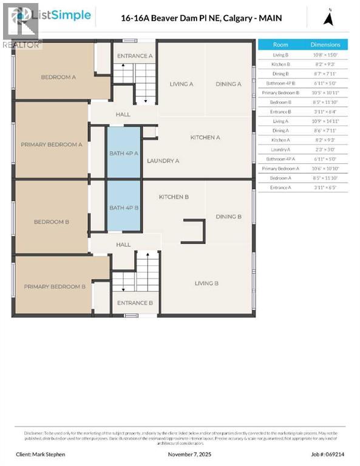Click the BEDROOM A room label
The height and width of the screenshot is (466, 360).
coord(58,77)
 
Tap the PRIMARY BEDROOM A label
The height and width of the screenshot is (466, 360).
coord(52,144)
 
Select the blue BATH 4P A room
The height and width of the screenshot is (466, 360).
coord(124,153)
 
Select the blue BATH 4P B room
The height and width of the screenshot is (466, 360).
coord(124,208)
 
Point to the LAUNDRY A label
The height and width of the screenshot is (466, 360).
coord(163,161)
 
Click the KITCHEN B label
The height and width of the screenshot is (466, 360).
coord(174,197)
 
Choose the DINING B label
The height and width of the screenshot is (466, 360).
coord(228,217)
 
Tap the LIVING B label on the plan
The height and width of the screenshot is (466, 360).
coord(206,283)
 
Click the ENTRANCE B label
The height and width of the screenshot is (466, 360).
coord(134,303)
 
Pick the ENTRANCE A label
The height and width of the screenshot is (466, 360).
coord(134,56)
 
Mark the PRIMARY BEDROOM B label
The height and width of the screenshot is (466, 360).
coord(55,286)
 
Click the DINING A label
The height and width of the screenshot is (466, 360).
coord(228,84)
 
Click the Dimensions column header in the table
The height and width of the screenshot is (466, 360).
coord(325,44)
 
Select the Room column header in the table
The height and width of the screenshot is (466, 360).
coord(280,44)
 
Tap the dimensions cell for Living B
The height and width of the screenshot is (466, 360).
coord(325,55)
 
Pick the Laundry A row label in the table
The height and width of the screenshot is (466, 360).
coord(280,149)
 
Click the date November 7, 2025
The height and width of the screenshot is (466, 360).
coord(189,454)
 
